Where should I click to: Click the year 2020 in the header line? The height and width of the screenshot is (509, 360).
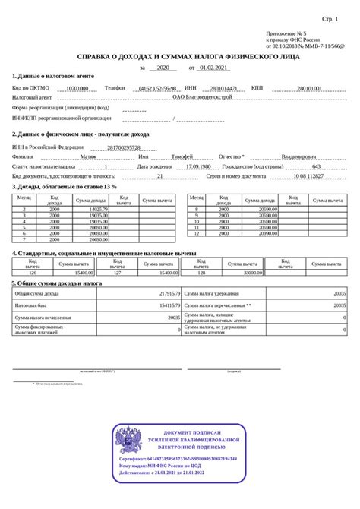click(x=161, y=68)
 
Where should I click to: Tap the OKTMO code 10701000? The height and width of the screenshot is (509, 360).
click(x=77, y=88)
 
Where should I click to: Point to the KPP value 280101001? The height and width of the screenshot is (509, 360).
click(x=309, y=88)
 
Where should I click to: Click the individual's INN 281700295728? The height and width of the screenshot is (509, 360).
click(x=124, y=147)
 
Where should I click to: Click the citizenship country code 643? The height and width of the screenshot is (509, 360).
click(x=317, y=166)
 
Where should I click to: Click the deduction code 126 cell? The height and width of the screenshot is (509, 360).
click(x=32, y=272)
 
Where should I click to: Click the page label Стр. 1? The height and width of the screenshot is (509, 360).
click(x=330, y=17)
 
